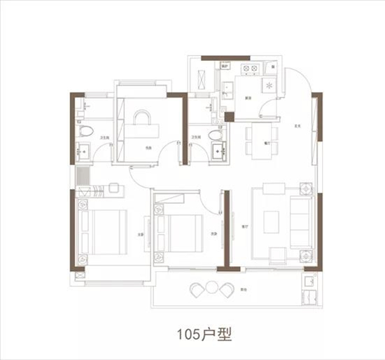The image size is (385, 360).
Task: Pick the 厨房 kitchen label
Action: click(x=248, y=99)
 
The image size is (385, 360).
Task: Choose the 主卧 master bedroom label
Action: click(x=140, y=235)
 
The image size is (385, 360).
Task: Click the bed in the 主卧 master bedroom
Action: click(x=104, y=234)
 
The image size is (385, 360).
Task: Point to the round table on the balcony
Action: click(x=211, y=287)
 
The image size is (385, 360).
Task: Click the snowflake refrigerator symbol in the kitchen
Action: click(x=269, y=85)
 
